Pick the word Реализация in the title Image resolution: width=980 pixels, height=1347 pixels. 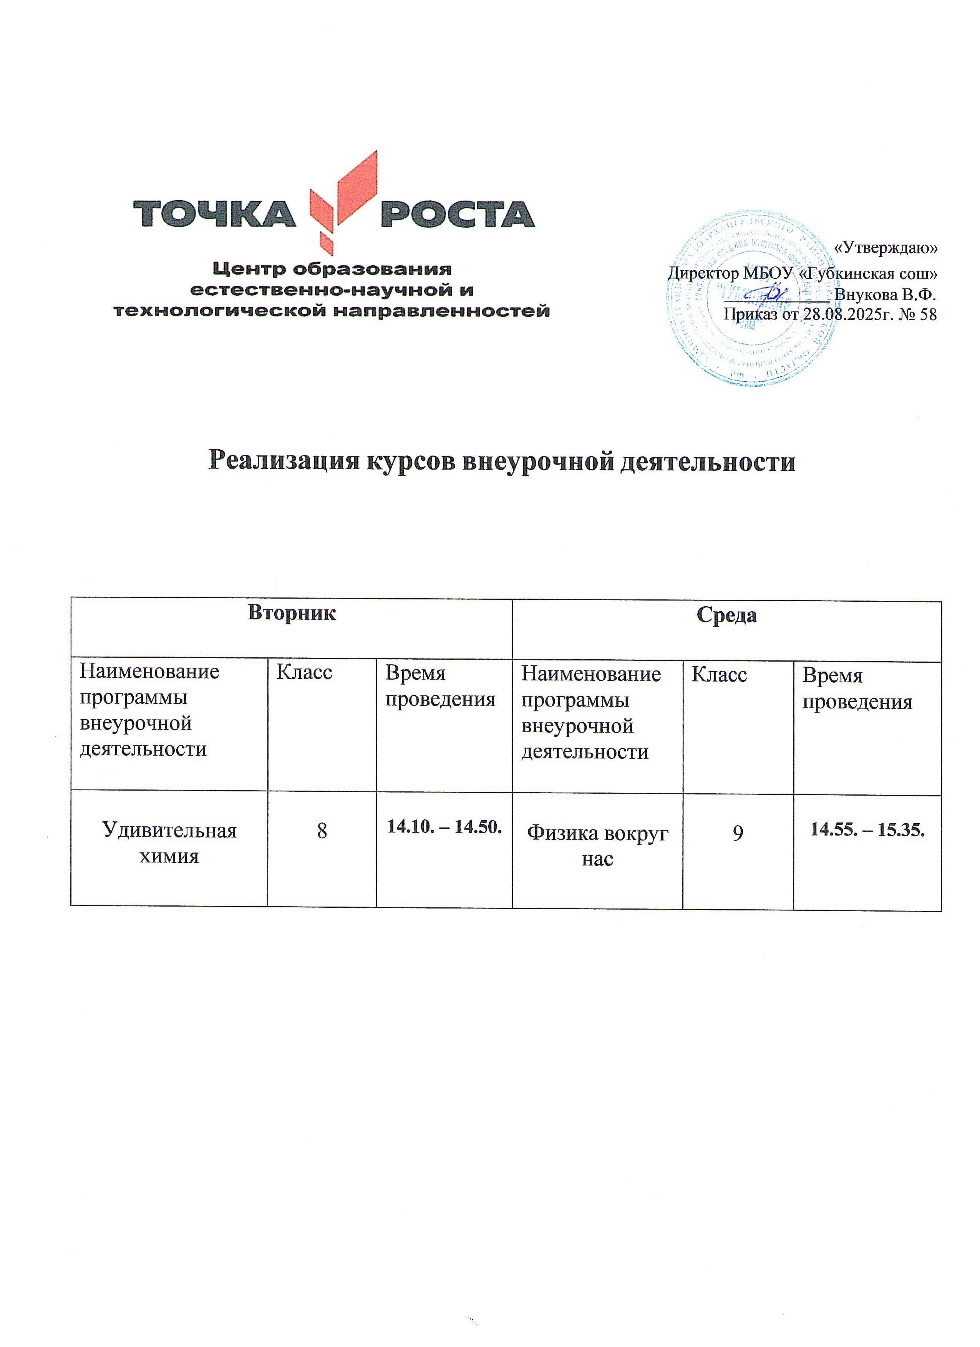click(284, 461)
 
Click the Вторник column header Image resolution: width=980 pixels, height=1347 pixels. click(291, 612)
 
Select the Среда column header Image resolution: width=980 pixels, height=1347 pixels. click(726, 615)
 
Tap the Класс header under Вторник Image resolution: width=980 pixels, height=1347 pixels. click(304, 672)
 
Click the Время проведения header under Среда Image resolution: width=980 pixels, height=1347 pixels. click(857, 689)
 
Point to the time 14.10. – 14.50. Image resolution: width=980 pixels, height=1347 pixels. click(444, 827)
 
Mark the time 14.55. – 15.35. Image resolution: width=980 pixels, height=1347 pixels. click(867, 830)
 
